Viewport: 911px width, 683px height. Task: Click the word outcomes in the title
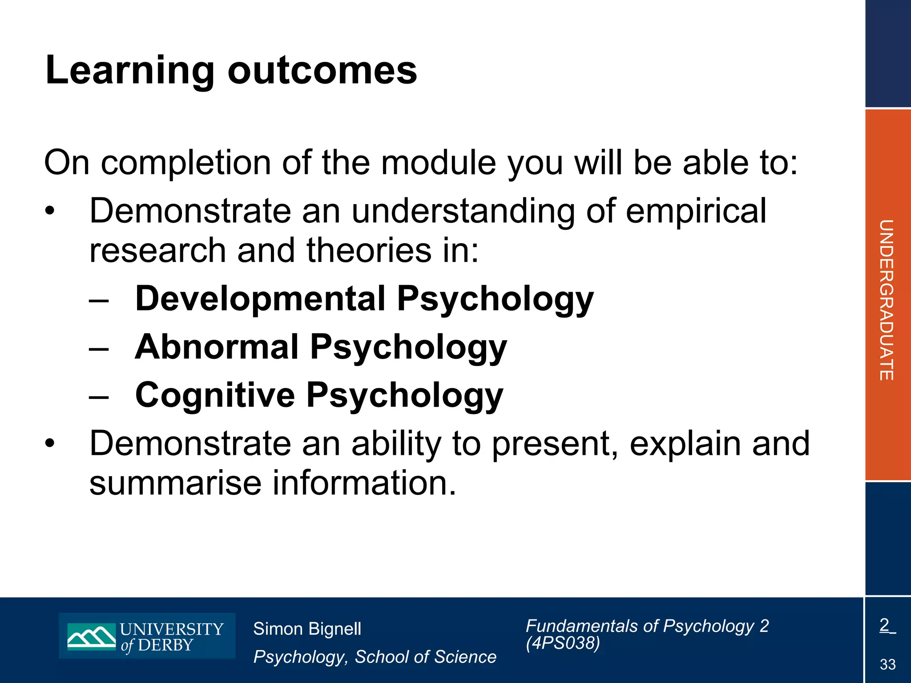[x=322, y=71]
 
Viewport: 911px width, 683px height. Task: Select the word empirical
[x=696, y=211]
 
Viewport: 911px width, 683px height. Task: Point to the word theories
[x=369, y=250]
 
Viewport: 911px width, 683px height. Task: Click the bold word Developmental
[x=260, y=298]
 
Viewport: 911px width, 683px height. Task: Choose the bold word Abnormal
[x=217, y=347]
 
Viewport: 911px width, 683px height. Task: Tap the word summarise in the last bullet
[x=175, y=483]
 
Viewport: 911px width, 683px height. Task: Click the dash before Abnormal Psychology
[x=98, y=348]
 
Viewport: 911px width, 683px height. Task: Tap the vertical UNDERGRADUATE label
[x=887, y=300]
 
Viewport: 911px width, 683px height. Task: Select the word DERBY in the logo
[x=165, y=645]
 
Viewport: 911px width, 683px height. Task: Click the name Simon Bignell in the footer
[x=307, y=629]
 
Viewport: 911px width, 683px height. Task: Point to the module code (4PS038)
[x=562, y=643]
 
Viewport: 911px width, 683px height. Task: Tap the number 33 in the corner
[x=887, y=664]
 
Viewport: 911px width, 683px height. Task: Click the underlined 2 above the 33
[x=884, y=625]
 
